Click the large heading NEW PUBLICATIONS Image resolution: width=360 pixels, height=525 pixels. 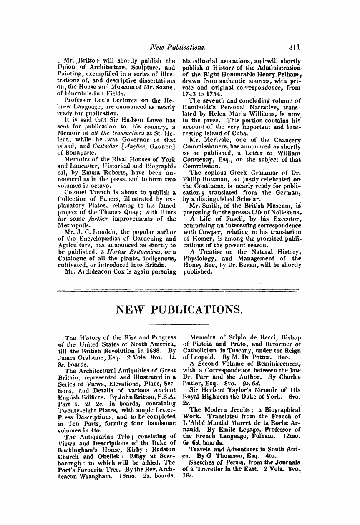180,309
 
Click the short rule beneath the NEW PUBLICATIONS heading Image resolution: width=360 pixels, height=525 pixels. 180,323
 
